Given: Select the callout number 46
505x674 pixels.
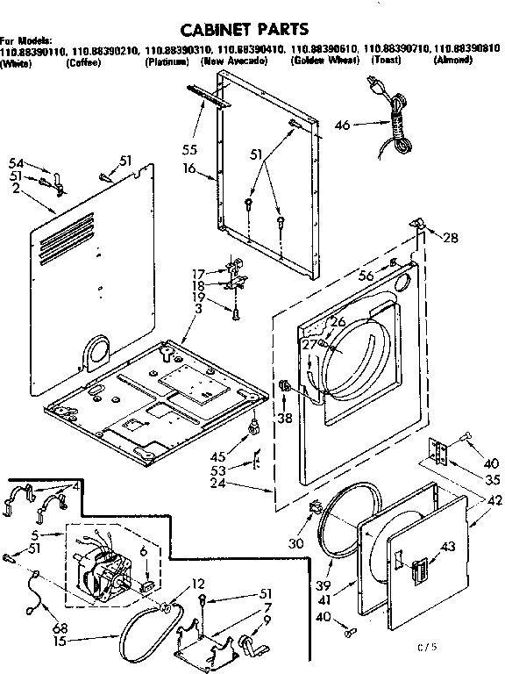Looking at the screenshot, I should (x=343, y=125).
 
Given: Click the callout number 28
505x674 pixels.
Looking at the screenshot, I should (x=451, y=238).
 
